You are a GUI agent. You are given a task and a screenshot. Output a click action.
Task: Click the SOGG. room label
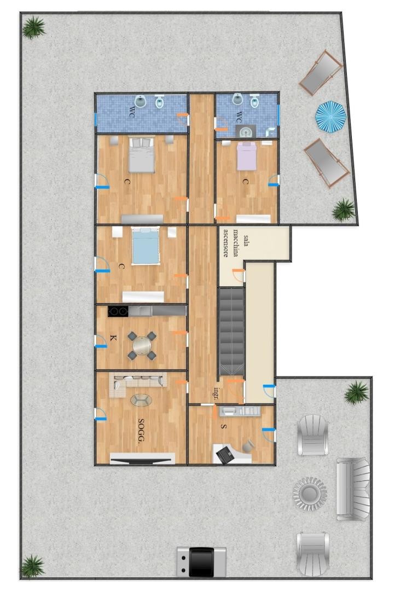click(142, 430)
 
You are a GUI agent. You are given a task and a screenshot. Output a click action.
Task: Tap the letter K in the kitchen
click(113, 338)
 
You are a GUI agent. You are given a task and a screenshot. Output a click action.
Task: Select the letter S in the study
click(224, 426)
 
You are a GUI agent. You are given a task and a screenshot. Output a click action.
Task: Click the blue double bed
click(145, 245)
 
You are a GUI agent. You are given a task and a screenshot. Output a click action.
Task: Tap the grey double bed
click(142, 155)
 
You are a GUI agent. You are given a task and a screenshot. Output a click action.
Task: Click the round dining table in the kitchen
click(142, 345)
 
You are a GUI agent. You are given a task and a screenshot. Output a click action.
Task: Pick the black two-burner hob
click(118, 311)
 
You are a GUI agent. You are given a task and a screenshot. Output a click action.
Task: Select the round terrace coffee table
click(310, 493)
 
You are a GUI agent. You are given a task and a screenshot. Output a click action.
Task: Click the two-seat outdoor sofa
click(352, 489)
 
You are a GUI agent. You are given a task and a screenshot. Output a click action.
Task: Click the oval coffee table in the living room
click(141, 400)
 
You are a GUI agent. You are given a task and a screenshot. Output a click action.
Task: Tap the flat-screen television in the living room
click(142, 459)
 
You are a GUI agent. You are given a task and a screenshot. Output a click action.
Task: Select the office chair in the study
click(248, 447)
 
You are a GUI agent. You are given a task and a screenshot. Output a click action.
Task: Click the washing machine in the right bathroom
click(246, 131)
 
